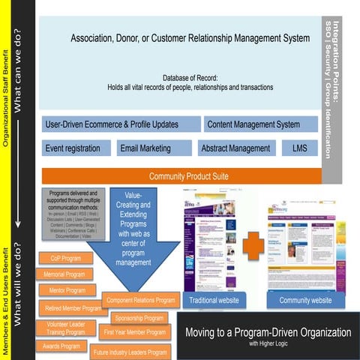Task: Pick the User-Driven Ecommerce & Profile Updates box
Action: (x=119, y=124)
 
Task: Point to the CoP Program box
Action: (x=67, y=258)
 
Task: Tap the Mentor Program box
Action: (x=68, y=289)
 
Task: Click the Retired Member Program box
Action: (x=72, y=307)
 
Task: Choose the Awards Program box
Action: (x=61, y=346)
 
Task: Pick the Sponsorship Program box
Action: (x=139, y=318)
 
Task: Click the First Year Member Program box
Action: (x=135, y=332)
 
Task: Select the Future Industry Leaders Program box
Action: (x=130, y=352)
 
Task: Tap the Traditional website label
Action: (x=214, y=301)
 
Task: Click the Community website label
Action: (x=305, y=301)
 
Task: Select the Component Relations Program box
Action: (x=140, y=300)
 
